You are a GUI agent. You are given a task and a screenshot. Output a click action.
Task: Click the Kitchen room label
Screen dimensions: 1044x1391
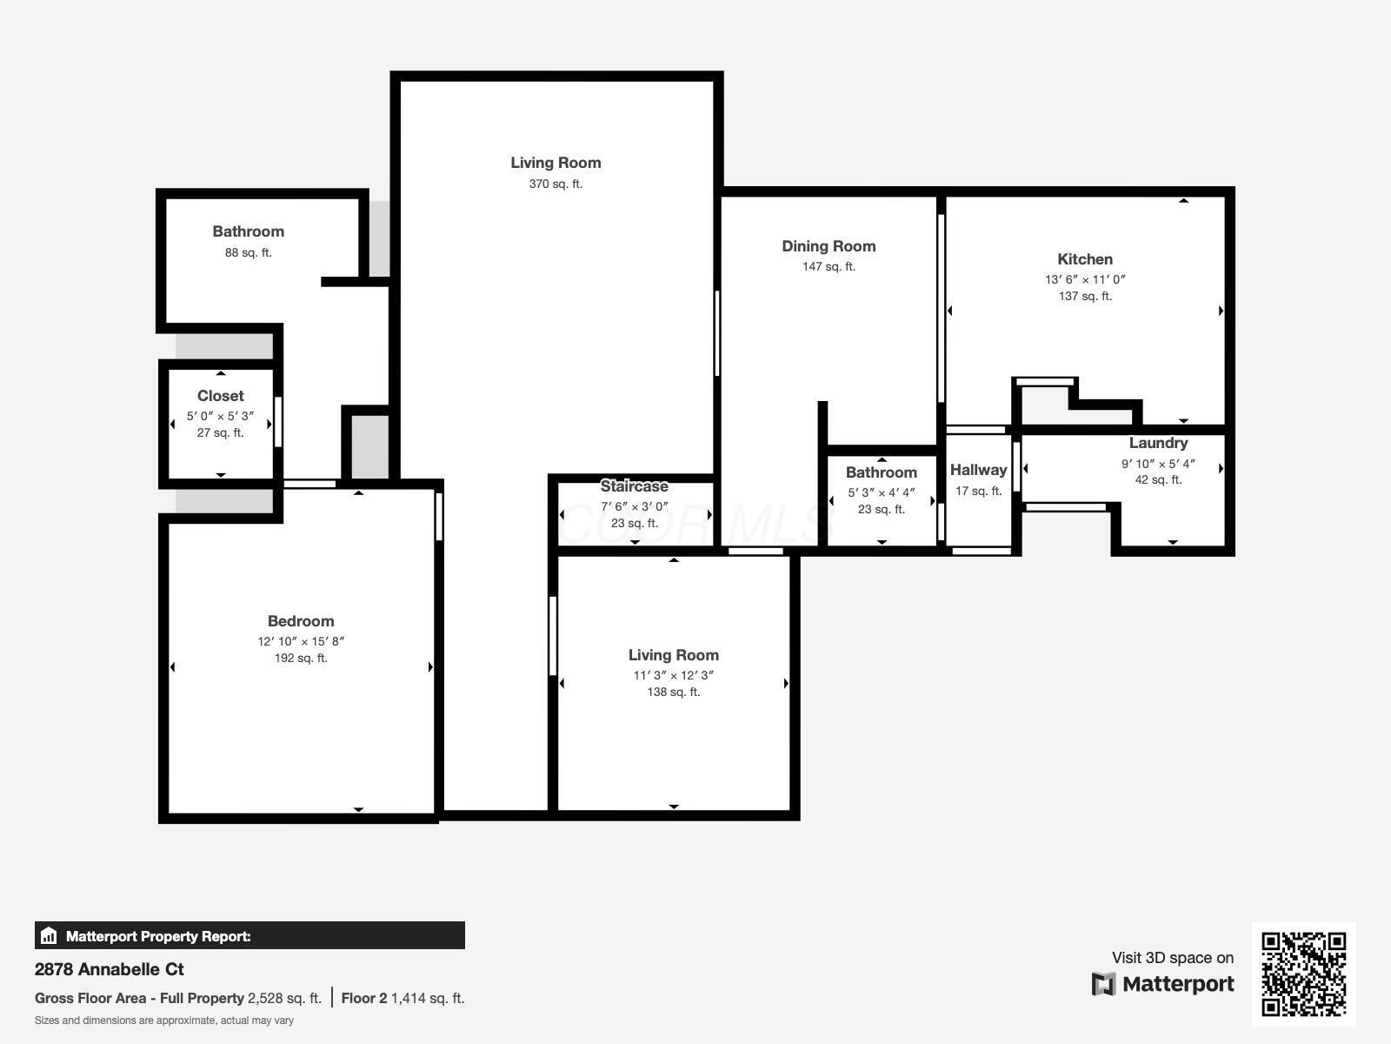(x=1084, y=259)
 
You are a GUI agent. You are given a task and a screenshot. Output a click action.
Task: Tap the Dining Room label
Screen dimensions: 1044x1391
(x=828, y=246)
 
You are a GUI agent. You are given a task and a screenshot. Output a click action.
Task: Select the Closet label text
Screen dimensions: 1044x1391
(x=220, y=396)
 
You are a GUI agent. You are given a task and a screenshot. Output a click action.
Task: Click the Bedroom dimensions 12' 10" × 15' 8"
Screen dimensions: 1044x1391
(x=301, y=641)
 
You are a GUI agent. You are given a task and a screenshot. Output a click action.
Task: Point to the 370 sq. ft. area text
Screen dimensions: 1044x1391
(x=556, y=184)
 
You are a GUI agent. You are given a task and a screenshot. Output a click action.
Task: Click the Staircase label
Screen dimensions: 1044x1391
(x=634, y=486)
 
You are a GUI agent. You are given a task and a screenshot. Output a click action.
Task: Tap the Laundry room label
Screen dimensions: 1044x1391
(x=1158, y=443)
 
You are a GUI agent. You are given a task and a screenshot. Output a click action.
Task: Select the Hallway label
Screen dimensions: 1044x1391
(x=978, y=470)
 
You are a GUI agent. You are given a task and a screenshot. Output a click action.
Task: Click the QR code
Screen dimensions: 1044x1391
(x=1303, y=974)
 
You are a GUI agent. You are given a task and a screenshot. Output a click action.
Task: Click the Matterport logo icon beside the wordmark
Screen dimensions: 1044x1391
(x=1103, y=984)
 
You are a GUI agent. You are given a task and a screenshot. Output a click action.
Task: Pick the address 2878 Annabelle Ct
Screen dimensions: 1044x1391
(x=110, y=969)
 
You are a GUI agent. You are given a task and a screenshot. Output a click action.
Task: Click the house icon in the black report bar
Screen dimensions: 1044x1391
(x=49, y=936)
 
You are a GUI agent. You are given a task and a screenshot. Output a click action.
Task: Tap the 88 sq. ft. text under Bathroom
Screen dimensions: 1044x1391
(x=248, y=252)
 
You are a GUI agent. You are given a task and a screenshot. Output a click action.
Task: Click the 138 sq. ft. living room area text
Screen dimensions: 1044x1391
(x=673, y=692)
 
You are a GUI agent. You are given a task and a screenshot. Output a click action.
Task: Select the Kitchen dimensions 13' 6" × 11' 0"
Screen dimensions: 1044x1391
(x=1084, y=279)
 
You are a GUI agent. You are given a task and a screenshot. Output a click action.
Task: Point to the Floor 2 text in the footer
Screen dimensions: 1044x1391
(x=363, y=998)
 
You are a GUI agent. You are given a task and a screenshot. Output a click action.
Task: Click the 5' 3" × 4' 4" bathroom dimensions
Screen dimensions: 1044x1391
(x=881, y=492)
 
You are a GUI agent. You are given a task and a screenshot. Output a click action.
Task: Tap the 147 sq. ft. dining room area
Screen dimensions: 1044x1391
(x=828, y=266)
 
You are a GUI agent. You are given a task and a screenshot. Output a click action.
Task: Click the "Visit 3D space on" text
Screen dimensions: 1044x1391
(x=1172, y=958)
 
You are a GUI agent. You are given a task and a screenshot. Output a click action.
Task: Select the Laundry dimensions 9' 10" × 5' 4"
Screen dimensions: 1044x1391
(x=1157, y=464)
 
